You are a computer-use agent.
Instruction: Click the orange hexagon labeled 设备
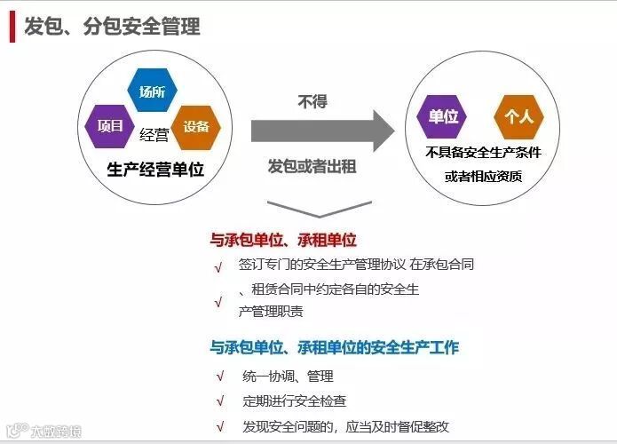[196, 126]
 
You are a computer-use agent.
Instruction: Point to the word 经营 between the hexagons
[154, 135]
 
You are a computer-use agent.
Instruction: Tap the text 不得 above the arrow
[312, 102]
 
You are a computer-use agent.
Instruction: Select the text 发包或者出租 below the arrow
[312, 166]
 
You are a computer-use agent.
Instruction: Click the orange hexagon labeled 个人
[518, 116]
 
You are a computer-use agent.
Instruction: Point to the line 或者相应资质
[483, 176]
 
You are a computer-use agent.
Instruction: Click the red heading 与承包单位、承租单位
[283, 240]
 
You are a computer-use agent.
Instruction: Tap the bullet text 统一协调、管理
[288, 376]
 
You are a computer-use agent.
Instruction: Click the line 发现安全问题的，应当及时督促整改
[346, 426]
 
